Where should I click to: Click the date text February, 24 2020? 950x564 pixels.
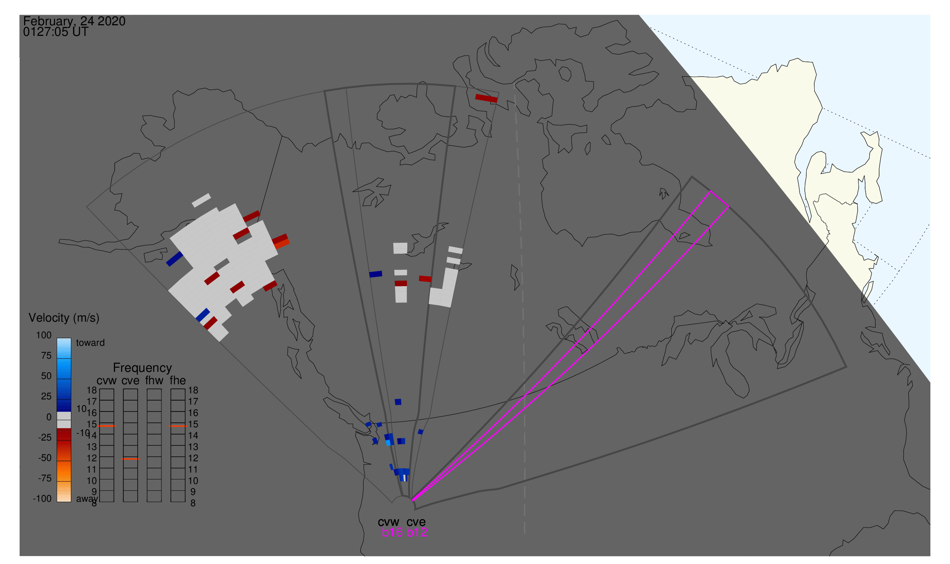(x=74, y=21)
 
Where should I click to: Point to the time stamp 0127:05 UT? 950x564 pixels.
(x=55, y=32)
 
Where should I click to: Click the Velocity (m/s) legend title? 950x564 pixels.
(x=64, y=318)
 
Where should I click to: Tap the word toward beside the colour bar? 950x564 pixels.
(x=90, y=343)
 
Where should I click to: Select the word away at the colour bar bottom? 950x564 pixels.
(x=87, y=499)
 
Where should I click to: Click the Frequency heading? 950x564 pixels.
(x=143, y=368)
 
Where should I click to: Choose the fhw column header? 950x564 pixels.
(x=154, y=381)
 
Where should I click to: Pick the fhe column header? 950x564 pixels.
(x=178, y=381)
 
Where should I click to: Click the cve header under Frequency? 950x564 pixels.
(x=130, y=381)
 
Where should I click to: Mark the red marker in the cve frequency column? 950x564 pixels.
(x=130, y=459)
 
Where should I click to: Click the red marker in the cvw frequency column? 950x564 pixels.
(x=107, y=427)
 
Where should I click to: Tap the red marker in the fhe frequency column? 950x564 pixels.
(x=178, y=427)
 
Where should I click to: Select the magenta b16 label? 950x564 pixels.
(x=392, y=533)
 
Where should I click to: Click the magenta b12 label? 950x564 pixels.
(x=417, y=533)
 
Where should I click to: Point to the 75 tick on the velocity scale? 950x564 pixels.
(x=46, y=356)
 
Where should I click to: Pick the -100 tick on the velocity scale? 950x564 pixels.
(x=42, y=499)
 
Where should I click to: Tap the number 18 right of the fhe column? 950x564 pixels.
(x=193, y=390)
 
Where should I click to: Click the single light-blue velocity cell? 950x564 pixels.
(x=388, y=443)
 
